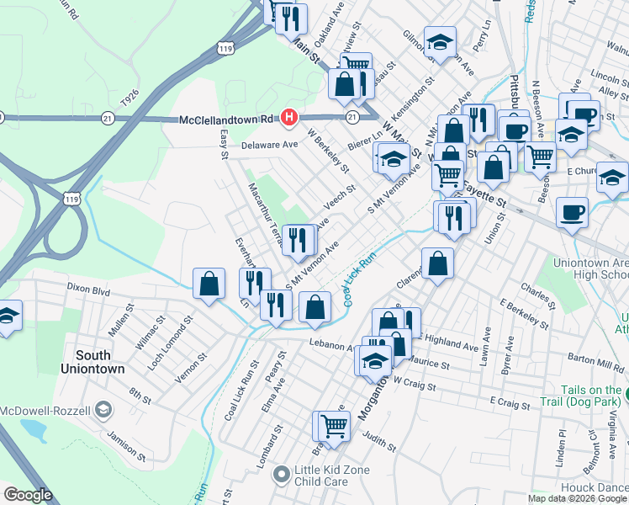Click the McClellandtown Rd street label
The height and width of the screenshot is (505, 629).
pos(228,120)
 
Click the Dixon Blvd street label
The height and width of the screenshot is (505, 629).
pos(89,290)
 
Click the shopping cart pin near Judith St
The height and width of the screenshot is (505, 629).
pos(333,427)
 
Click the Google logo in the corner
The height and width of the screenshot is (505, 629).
pos(28,495)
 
